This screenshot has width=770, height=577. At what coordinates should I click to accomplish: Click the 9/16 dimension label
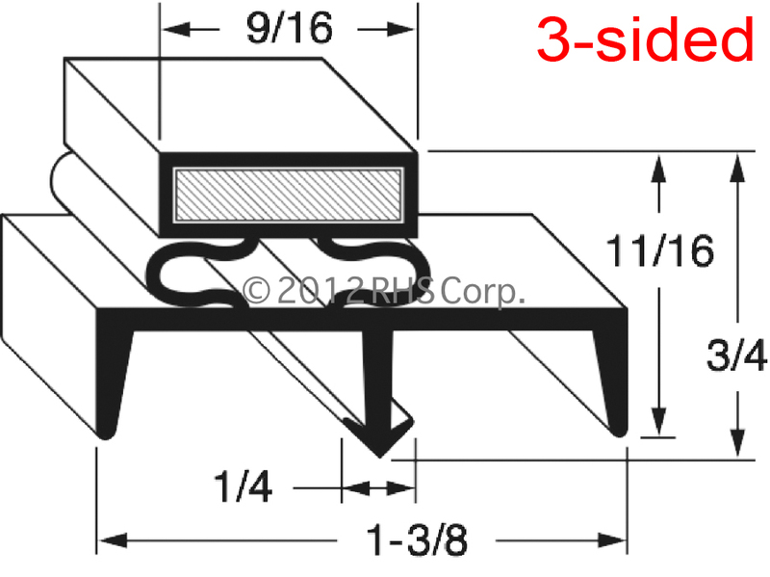pyautogui.click(x=290, y=29)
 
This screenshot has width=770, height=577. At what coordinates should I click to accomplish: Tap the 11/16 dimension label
pyautogui.click(x=659, y=250)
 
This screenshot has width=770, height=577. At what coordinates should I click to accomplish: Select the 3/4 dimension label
pyautogui.click(x=736, y=354)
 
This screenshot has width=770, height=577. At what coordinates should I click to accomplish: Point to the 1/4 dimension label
pyautogui.click(x=244, y=486)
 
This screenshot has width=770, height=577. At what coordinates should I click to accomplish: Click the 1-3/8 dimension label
pyautogui.click(x=417, y=540)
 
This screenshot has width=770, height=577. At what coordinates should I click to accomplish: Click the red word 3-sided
pyautogui.click(x=645, y=39)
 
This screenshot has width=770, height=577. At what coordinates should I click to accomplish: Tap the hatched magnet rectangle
pyautogui.click(x=288, y=195)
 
